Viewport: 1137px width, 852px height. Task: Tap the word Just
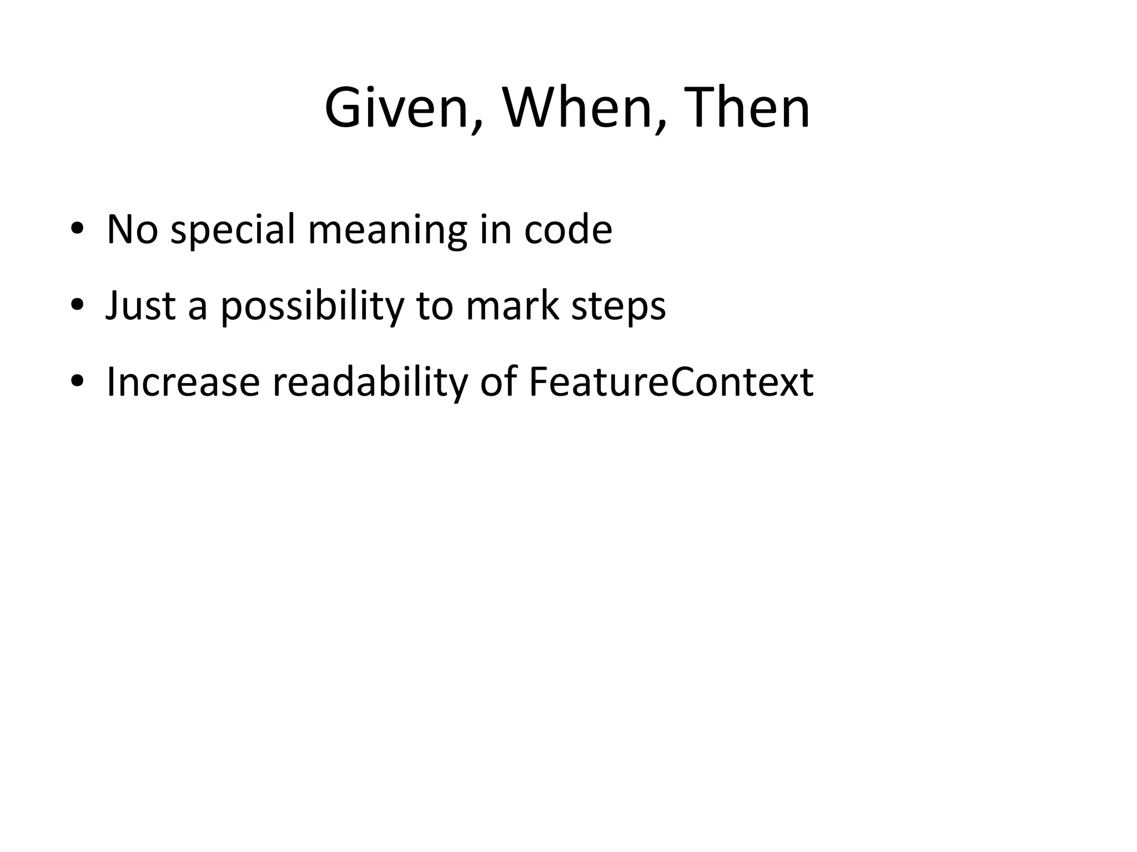pos(140,305)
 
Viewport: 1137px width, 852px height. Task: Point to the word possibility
pos(311,306)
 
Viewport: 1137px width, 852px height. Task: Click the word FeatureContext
pos(671,382)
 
